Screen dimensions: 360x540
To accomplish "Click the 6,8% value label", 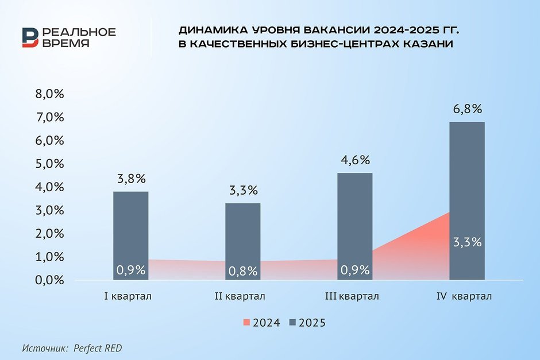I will [x=467, y=109].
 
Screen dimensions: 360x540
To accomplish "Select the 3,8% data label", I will [x=130, y=179].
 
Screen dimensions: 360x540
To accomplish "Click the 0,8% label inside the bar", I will [x=243, y=270].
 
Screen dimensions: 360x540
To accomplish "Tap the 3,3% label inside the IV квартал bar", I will [x=467, y=242].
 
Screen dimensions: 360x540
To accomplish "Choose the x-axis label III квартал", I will [x=352, y=296].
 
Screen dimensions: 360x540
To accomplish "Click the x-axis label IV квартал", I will [x=464, y=296].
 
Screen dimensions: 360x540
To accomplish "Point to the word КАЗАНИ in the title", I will [x=426, y=45].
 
